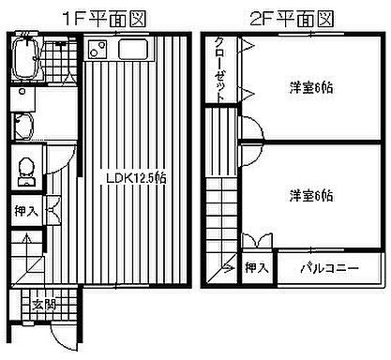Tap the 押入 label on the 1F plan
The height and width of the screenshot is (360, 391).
click(x=26, y=212)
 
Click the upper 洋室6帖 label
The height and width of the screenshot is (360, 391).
click(x=310, y=88)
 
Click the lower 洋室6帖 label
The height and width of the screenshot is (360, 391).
click(x=310, y=196)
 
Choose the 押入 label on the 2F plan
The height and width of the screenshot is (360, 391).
click(x=256, y=267)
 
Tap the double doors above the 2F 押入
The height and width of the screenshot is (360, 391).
click(x=256, y=240)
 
